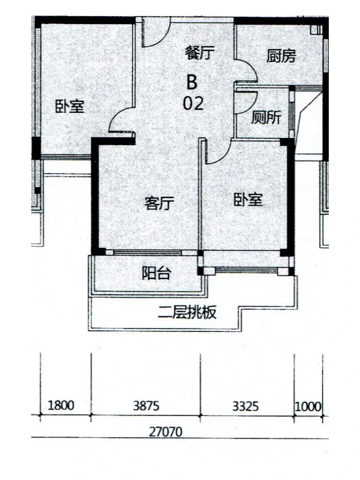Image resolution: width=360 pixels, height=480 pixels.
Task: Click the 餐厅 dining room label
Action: click(199, 52)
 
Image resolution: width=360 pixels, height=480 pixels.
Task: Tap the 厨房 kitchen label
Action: click(281, 56)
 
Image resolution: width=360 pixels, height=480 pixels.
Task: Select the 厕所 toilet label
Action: click(266, 117)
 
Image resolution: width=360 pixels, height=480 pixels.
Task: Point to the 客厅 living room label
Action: click(159, 203)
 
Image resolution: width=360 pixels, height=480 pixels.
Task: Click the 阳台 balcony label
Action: click(156, 273)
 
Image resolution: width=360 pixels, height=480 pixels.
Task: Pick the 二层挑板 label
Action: click(187, 312)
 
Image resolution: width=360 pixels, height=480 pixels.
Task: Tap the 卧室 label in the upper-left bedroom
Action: click(70, 106)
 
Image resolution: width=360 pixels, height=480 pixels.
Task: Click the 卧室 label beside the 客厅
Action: click(248, 199)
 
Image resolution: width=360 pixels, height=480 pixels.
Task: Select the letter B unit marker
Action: click(192, 82)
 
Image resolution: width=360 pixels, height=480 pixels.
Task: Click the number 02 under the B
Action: click(193, 103)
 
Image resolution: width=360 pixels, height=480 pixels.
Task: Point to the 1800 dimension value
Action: click(61, 406)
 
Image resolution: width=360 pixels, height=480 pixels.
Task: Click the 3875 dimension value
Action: click(146, 406)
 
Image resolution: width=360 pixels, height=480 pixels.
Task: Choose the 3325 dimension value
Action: click(245, 406)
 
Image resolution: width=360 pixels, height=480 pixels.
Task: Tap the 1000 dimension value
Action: click(308, 407)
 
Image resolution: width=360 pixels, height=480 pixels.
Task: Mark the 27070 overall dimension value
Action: click(166, 432)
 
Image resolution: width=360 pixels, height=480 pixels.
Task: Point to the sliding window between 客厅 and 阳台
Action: click(148, 253)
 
